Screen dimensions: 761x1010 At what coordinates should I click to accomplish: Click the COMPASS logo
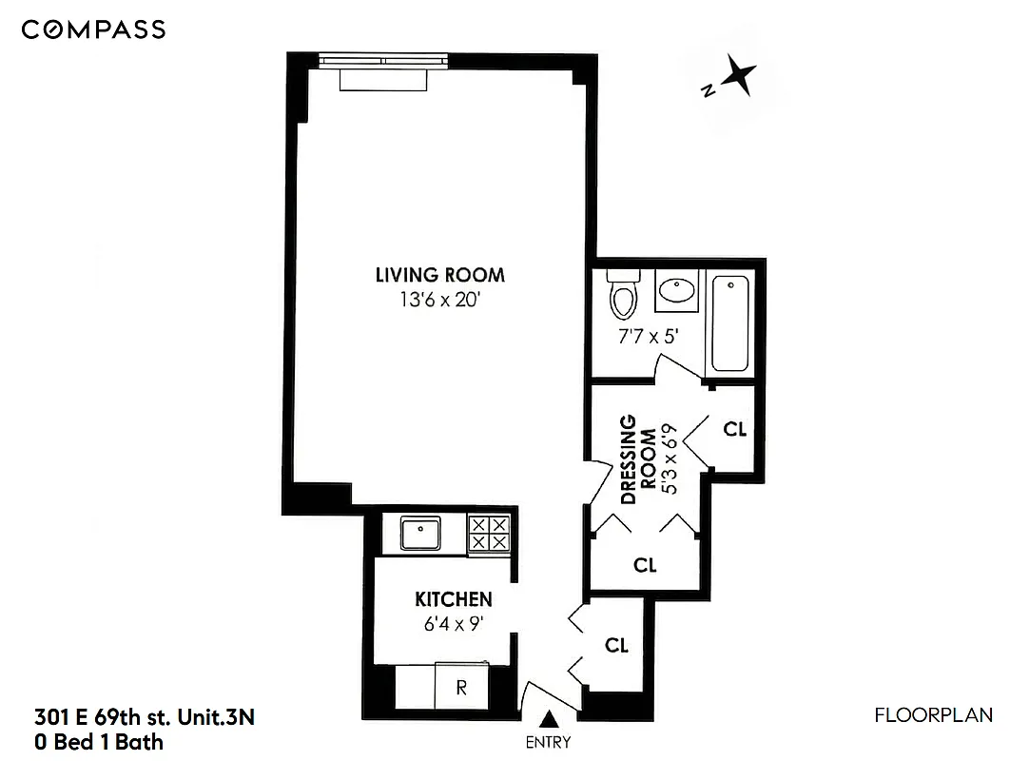[93, 30]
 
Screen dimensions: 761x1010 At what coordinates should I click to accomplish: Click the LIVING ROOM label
[439, 276]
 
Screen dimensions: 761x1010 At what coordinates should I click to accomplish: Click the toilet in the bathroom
[623, 295]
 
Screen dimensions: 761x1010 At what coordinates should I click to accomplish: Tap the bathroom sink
[677, 289]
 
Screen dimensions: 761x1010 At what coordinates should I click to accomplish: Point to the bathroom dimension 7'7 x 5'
[646, 335]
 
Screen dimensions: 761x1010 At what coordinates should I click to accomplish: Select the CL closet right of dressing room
[734, 429]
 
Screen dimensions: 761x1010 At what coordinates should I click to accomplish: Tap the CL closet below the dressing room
[645, 565]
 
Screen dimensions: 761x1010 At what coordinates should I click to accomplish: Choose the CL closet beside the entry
[616, 645]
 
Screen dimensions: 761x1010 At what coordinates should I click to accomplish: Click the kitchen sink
[418, 534]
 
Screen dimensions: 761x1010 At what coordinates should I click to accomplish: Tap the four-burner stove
[490, 534]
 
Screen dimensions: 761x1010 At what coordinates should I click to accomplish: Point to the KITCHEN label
[454, 599]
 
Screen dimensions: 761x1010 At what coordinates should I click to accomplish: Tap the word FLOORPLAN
[933, 715]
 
